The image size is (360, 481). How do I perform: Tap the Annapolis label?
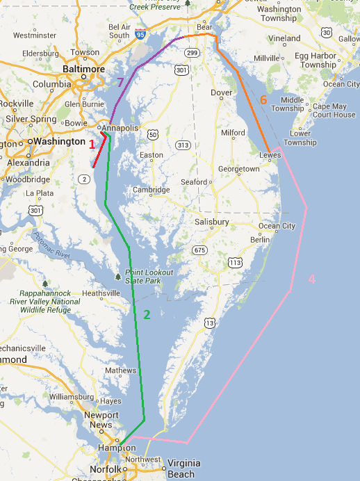[x=122, y=128]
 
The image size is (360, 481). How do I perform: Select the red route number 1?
[x=91, y=144]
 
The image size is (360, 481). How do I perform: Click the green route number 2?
[x=147, y=314]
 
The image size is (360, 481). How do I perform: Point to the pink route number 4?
[x=311, y=279]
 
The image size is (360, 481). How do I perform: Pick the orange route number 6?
[x=263, y=100]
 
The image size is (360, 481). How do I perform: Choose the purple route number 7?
[x=120, y=83]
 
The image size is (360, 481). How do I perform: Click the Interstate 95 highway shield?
[x=141, y=33]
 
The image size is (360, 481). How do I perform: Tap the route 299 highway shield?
[x=193, y=53]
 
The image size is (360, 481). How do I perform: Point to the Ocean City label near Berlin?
[x=277, y=226]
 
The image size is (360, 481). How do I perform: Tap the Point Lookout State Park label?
[x=142, y=277]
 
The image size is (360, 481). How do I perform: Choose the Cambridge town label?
[x=152, y=190]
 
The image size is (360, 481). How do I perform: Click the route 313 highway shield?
[x=183, y=145]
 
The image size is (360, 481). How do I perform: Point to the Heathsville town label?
[x=101, y=293]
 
